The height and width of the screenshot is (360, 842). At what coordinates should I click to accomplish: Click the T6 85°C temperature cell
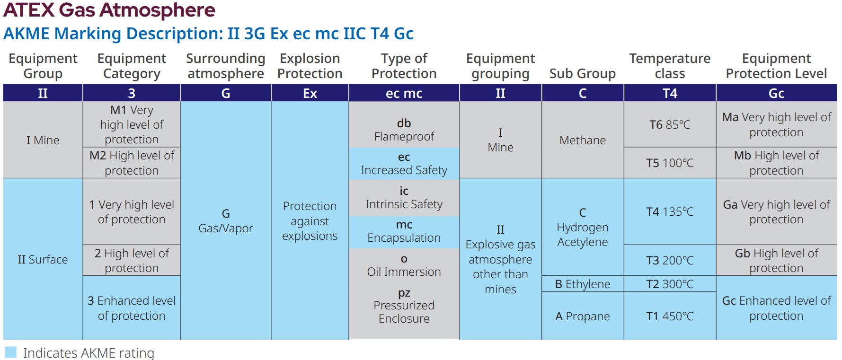point(669,125)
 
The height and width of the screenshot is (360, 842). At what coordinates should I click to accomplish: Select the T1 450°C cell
point(669,316)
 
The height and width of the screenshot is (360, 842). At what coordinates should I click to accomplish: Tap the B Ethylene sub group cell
point(582,284)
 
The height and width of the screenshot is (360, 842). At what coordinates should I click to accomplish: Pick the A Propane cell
point(582,316)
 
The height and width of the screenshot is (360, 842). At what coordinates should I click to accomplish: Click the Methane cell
point(582,140)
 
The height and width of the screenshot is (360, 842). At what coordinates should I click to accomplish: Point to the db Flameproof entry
point(404,130)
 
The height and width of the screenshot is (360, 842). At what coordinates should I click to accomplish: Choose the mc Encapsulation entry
point(404,231)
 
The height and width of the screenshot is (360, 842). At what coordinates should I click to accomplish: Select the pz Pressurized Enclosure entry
point(404,306)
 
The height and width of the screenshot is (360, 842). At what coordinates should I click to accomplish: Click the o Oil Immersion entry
point(404,265)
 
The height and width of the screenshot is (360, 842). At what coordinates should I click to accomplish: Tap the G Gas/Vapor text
point(225,221)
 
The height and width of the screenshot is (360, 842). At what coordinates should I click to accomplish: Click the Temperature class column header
point(669,66)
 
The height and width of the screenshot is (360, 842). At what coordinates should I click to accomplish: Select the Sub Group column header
point(582,73)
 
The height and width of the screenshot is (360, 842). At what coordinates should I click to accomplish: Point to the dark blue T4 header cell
point(669,93)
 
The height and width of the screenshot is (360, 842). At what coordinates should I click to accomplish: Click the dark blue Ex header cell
point(310,93)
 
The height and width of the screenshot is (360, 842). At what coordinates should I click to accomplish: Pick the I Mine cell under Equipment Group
point(43,140)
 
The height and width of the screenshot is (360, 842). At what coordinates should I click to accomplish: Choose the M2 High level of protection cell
point(132,163)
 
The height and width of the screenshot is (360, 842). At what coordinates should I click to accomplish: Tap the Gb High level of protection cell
point(776,261)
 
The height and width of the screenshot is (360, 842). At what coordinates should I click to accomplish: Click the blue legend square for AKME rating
point(10,352)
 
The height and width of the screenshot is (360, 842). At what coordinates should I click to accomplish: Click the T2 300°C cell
point(669,284)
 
